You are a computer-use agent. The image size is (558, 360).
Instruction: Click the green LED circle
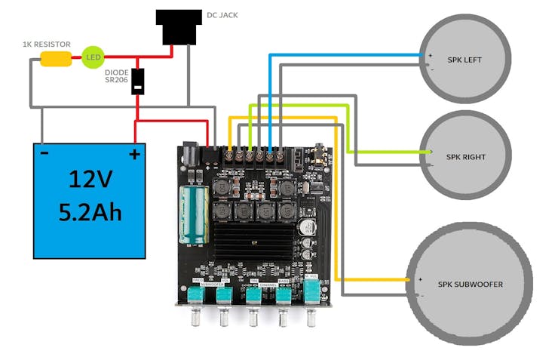tap(93, 57)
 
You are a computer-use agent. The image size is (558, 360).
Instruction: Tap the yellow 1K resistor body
tap(56, 58)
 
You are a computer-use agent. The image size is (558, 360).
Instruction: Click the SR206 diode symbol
tap(137, 82)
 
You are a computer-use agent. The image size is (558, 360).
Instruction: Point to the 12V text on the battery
tap(90, 179)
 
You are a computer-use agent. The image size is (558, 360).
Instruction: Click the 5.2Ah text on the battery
tap(90, 212)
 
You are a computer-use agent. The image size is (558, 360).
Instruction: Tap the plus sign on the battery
tap(134, 155)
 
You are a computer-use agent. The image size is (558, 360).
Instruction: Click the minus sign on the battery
tap(44, 154)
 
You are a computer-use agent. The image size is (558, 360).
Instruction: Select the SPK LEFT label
tap(464, 60)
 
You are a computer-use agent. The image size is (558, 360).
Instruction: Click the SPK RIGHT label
tap(465, 157)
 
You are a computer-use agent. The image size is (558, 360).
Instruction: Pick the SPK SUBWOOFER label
tap(470, 284)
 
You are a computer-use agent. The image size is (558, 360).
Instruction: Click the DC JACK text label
tap(224, 15)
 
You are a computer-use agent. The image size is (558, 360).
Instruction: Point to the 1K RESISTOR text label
tap(47, 45)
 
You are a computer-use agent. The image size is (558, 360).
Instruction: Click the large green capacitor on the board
tap(189, 216)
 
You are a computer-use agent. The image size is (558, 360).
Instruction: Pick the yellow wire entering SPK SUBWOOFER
tap(377, 279)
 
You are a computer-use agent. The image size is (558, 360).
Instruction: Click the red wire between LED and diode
tap(121, 57)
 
